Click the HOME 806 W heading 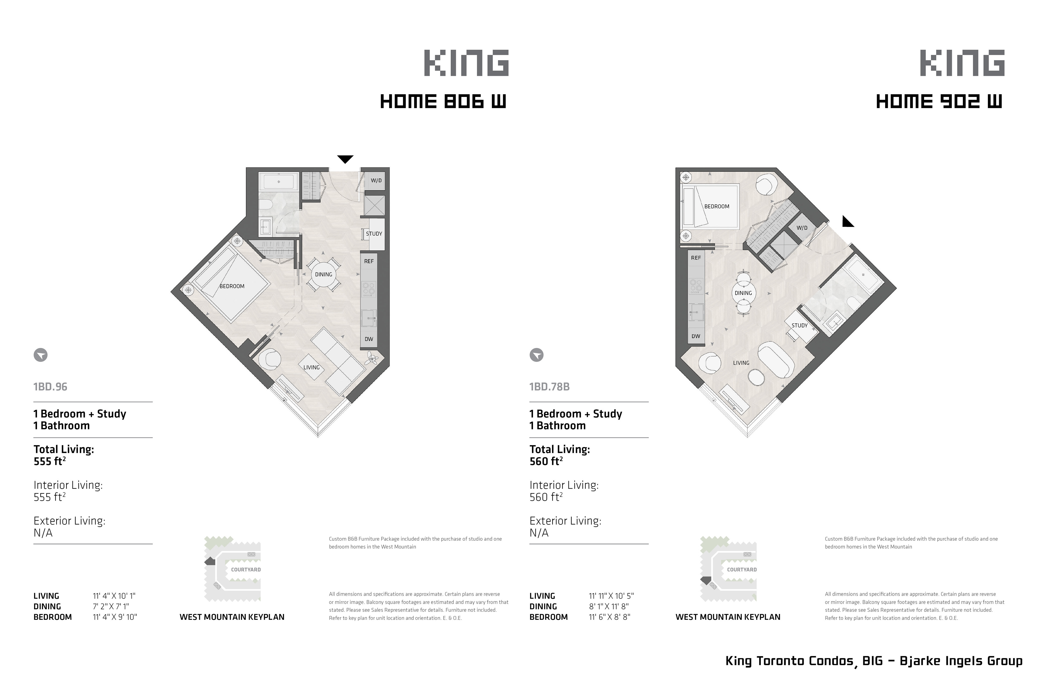[x=443, y=102]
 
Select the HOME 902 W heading [x=939, y=102]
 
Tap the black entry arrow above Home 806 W [x=345, y=159]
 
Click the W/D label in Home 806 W [x=376, y=181]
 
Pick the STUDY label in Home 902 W [x=799, y=325]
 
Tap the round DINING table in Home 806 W [x=323, y=274]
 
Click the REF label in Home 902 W [x=696, y=258]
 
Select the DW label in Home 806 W [x=369, y=339]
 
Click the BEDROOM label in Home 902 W [x=717, y=206]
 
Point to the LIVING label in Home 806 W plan [x=311, y=367]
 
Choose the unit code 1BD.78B [x=550, y=387]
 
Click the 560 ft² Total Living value [x=546, y=461]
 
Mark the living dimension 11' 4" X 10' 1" [x=114, y=596]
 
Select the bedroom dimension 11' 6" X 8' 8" [x=609, y=617]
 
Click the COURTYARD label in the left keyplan [x=246, y=569]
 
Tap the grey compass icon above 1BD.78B [x=536, y=355]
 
